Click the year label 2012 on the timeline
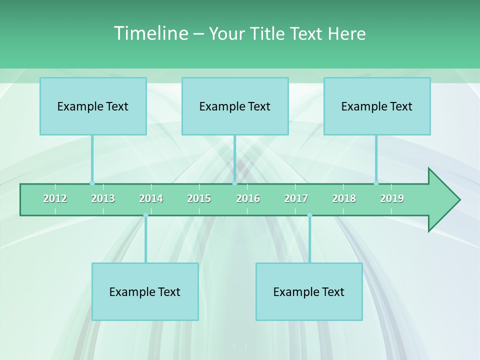55,198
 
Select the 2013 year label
103,198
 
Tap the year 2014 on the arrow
151,198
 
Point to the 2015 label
199,198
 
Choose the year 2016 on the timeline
248,198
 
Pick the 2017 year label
296,198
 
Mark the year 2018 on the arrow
344,198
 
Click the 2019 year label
392,198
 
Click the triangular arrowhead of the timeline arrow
442,200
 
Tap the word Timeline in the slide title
150,33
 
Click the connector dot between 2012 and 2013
92,183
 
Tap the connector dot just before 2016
234,183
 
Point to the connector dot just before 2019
376,183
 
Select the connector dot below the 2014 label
145,215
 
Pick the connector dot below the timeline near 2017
309,215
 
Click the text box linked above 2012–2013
93,106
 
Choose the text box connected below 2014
145,291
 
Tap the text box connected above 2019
377,106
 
